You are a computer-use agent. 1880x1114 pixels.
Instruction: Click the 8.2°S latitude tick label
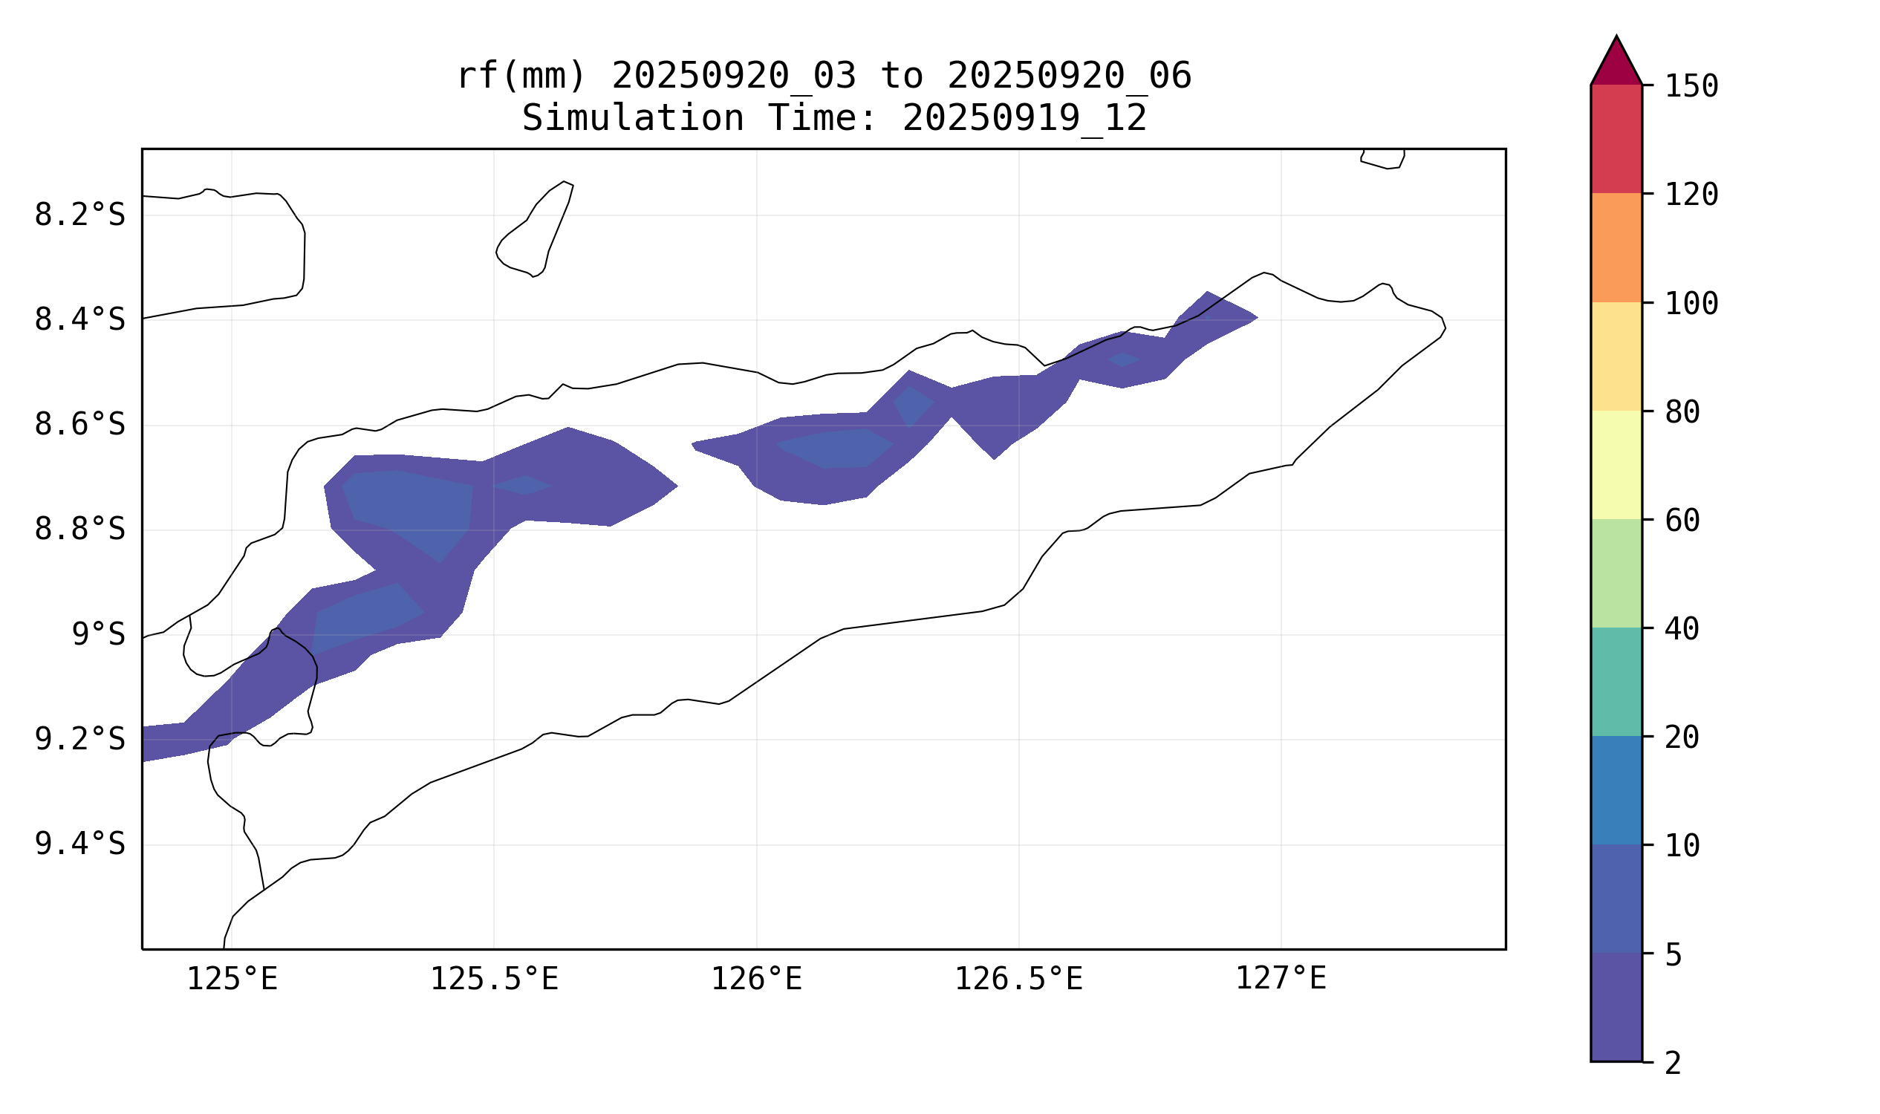[79, 215]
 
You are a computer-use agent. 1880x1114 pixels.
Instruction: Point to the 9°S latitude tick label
[98, 635]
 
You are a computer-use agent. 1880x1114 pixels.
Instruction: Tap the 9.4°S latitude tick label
[79, 844]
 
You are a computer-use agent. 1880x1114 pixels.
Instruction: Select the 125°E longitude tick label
[232, 979]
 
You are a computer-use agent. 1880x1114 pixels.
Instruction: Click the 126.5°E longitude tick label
[1018, 979]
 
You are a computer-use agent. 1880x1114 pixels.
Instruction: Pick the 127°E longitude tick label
[1281, 979]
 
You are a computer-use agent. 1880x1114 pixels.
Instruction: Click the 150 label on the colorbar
[1691, 87]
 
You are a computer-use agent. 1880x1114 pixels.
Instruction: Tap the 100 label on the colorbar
[1691, 304]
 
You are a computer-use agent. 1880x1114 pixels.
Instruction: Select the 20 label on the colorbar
[1682, 738]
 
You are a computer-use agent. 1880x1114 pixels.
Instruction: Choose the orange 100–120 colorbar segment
[1616, 248]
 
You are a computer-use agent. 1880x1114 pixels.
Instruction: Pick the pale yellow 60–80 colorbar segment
[1616, 465]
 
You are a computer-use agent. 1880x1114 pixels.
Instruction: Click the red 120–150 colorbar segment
[1616, 139]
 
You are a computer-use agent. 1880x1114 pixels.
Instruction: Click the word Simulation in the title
[632, 119]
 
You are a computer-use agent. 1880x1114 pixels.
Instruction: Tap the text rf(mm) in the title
[520, 76]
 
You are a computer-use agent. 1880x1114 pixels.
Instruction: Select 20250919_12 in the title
[1024, 119]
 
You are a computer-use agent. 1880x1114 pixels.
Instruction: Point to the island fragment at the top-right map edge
[1383, 158]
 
